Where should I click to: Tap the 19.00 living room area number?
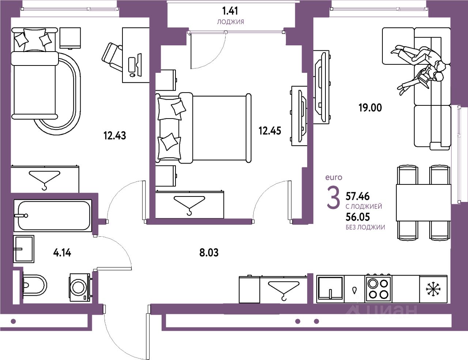370,108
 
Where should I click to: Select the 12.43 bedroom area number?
115,136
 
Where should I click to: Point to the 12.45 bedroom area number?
270,131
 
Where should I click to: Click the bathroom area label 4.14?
62,252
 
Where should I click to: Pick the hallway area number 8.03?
209,252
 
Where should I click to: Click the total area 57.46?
358,197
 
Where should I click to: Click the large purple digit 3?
333,199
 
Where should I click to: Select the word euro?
334,177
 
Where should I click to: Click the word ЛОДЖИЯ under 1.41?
230,22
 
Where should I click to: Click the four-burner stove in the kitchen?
378,289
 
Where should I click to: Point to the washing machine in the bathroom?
80,287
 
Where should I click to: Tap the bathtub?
52,215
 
